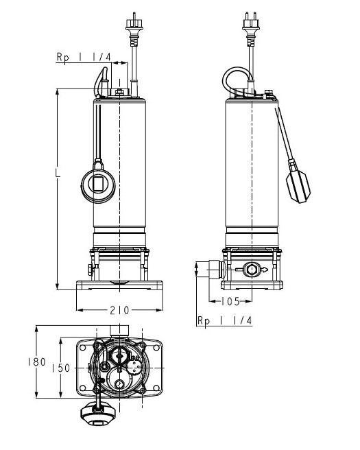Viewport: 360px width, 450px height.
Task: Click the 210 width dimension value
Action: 119,310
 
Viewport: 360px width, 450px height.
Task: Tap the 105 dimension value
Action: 230,301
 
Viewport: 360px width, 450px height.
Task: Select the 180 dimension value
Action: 37,362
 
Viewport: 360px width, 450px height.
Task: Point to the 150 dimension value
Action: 61,368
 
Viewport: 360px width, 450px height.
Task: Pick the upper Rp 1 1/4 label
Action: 84,57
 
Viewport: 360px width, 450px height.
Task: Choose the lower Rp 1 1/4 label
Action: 225,320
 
